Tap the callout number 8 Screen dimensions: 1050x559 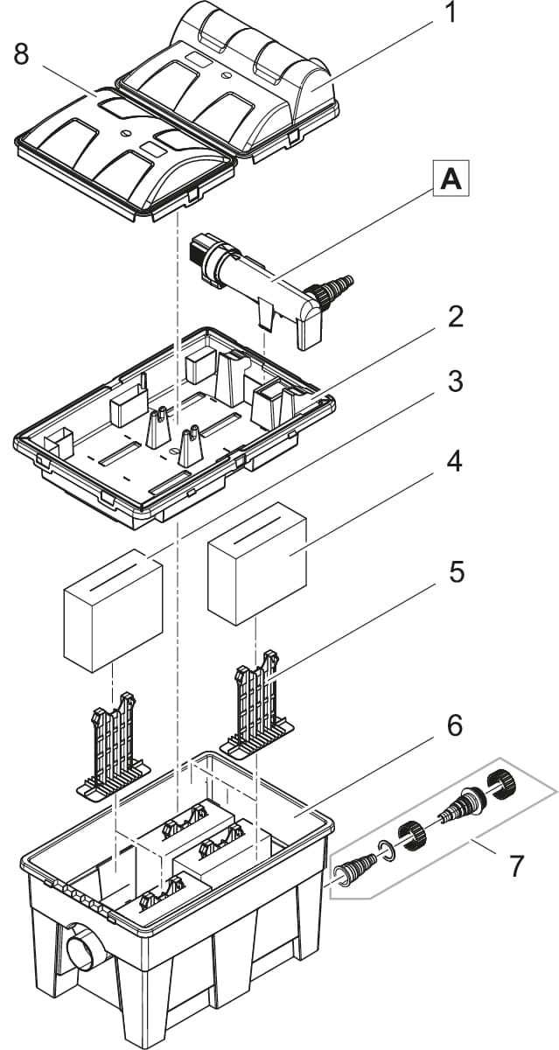[x=22, y=54]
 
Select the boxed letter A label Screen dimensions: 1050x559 [x=450, y=180]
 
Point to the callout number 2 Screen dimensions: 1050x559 [x=455, y=317]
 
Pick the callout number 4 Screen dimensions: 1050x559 [x=455, y=460]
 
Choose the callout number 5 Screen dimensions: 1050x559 [x=455, y=572]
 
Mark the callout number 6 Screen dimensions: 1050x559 [x=455, y=725]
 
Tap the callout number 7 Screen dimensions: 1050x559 [x=516, y=866]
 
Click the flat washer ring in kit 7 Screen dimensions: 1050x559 [x=386, y=847]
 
